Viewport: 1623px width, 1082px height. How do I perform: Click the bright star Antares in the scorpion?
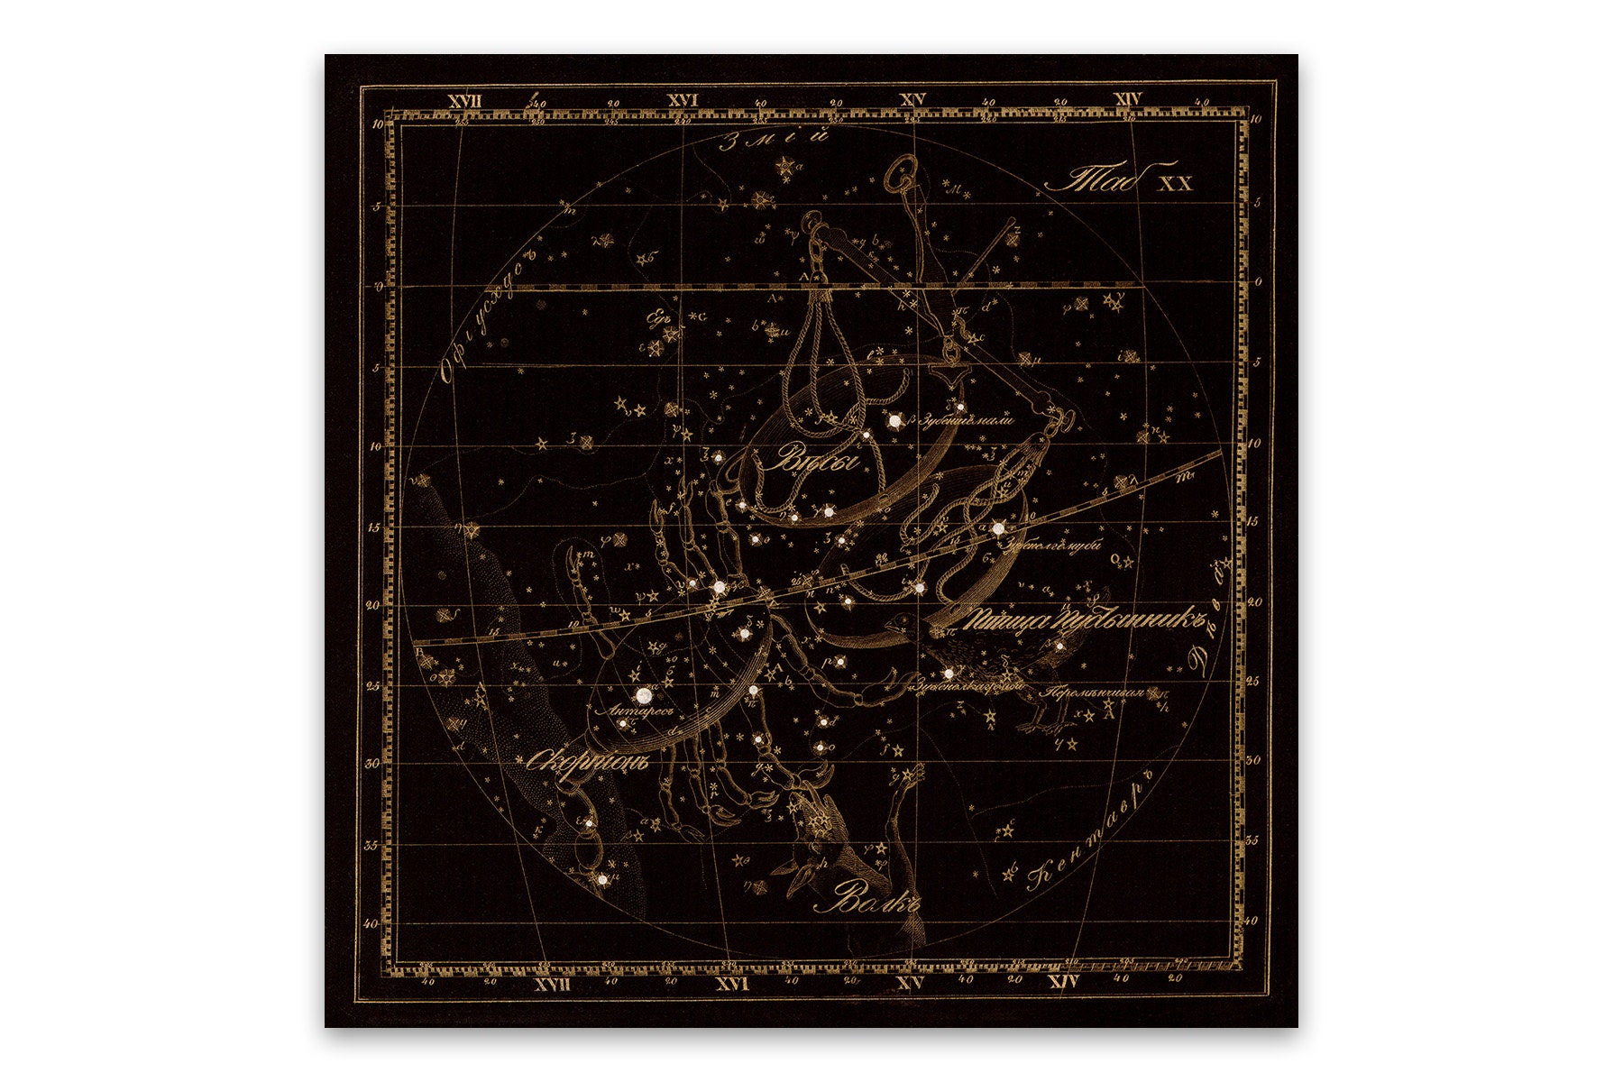pyautogui.click(x=644, y=695)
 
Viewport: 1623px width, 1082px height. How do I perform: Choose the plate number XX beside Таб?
pyautogui.click(x=1175, y=183)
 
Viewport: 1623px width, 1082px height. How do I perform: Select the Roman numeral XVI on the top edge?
pyautogui.click(x=683, y=100)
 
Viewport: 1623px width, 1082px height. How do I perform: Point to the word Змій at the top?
pyautogui.click(x=775, y=140)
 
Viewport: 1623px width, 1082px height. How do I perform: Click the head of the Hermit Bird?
pyautogui.click(x=899, y=623)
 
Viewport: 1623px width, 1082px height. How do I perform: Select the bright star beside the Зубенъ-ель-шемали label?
pyautogui.click(x=894, y=420)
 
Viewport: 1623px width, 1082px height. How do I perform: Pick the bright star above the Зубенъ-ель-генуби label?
pyautogui.click(x=998, y=528)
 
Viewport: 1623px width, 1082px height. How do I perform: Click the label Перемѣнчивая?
pyautogui.click(x=1091, y=693)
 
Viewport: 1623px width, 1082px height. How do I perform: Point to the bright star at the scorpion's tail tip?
pyautogui.click(x=601, y=877)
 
